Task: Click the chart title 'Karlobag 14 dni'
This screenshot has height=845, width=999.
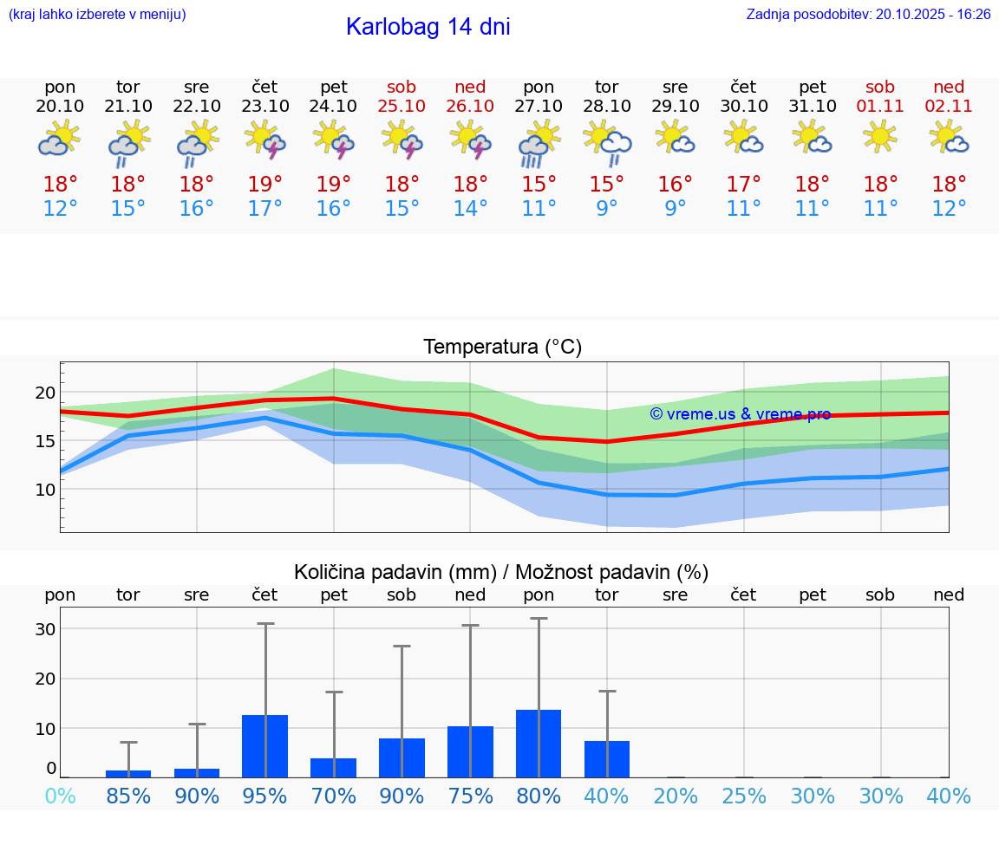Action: [428, 27]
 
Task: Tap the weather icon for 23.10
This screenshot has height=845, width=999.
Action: [264, 140]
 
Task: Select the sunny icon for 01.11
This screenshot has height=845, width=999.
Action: [880, 136]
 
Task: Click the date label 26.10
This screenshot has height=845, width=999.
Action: [470, 107]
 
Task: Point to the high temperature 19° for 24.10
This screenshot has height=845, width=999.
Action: [334, 185]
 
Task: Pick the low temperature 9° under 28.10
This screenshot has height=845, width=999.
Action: [606, 209]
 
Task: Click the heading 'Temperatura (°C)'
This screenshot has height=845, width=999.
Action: [502, 348]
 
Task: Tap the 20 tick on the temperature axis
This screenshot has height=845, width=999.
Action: [45, 393]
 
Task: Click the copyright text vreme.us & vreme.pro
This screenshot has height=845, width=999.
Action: [740, 414]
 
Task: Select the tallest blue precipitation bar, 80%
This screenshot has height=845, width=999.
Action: [539, 744]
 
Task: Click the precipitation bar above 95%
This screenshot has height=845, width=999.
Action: [264, 746]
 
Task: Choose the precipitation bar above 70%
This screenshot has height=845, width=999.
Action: [334, 768]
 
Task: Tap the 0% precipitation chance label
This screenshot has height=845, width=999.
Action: [60, 796]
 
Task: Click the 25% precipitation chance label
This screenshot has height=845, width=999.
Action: [743, 796]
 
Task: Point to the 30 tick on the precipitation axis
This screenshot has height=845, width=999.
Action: [45, 629]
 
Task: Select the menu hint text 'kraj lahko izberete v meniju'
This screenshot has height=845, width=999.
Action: [97, 15]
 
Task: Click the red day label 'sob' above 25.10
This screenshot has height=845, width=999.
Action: [402, 87]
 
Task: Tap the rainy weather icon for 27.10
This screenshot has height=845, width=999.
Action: [539, 144]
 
